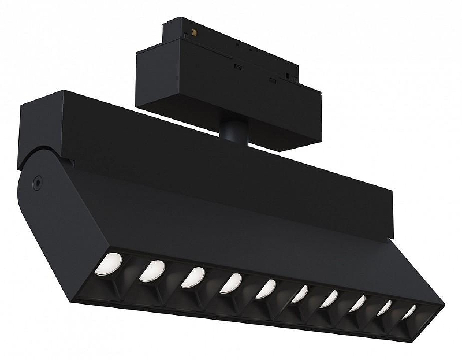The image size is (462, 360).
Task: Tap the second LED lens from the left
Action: click(151, 270)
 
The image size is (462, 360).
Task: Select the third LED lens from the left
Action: click(192, 277)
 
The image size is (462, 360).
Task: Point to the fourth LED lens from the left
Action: click(230, 283)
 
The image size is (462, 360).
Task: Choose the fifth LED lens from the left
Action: click(266, 288)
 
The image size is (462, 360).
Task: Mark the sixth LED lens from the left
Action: click(299, 294)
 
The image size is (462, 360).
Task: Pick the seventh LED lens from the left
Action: click(329, 299)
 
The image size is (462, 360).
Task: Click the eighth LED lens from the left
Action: click(357, 303)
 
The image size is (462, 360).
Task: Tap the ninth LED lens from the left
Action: click(384, 308)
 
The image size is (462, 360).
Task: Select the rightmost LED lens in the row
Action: click(409, 312)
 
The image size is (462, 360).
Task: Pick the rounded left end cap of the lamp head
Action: click(43, 220)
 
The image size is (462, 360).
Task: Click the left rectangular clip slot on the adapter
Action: click(237, 67)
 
